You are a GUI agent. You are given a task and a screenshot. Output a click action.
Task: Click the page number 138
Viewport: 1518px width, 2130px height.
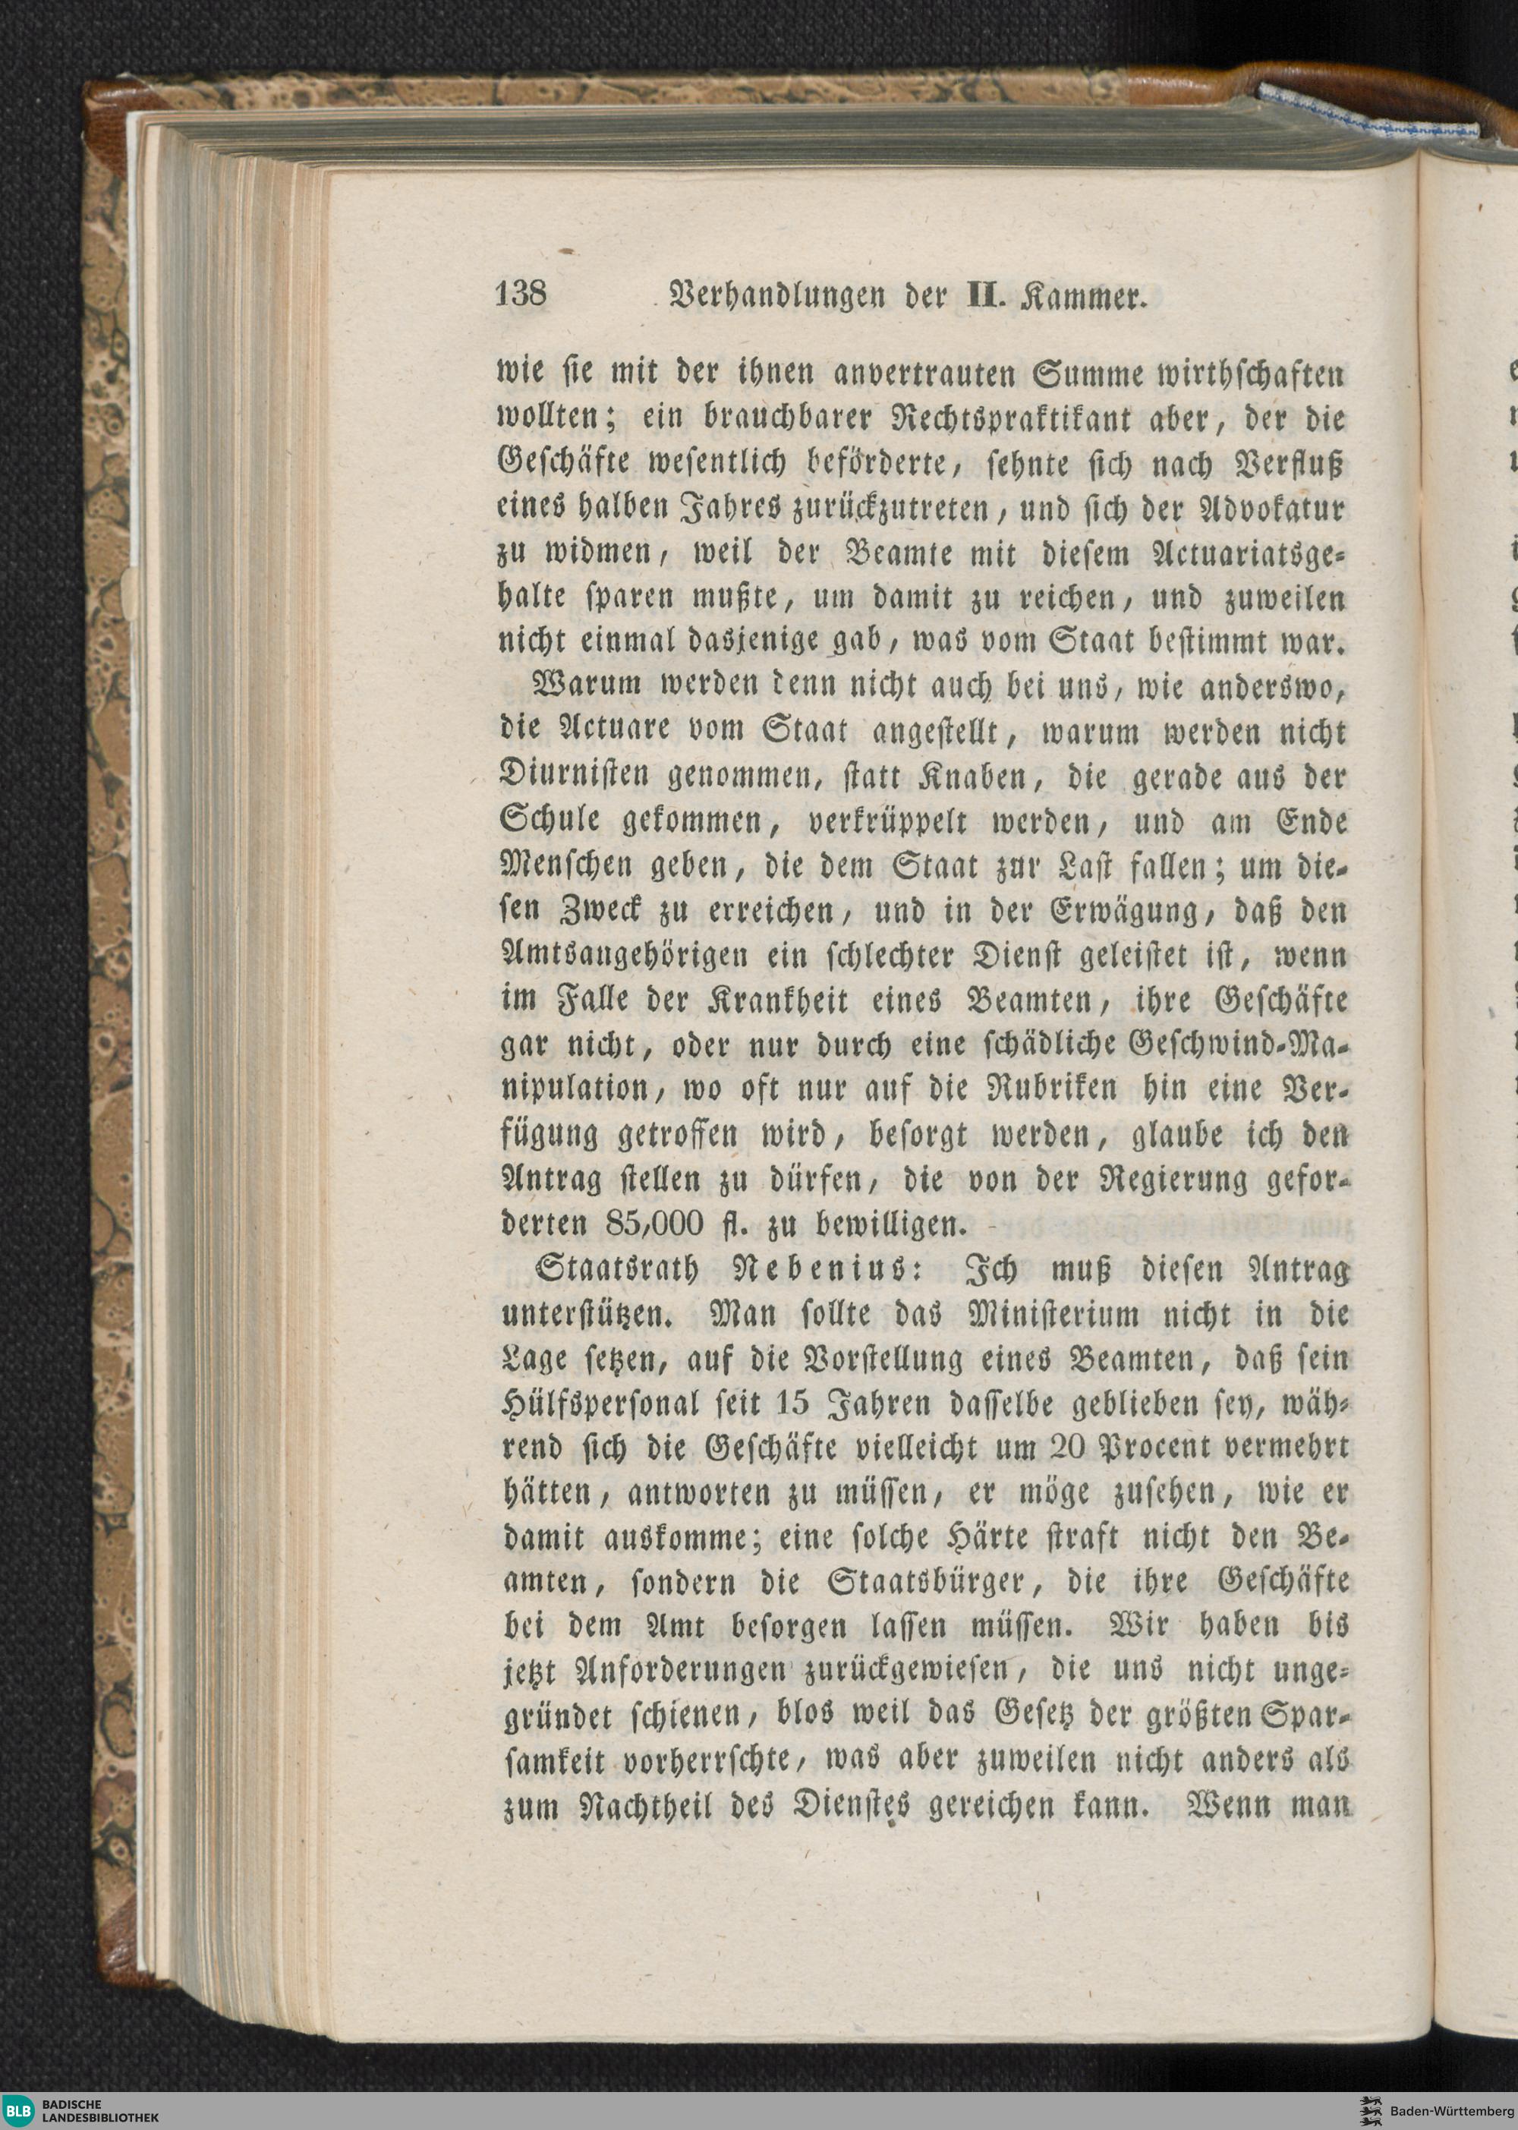(520, 295)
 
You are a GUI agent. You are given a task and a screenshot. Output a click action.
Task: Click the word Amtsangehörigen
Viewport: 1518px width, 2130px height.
(625, 956)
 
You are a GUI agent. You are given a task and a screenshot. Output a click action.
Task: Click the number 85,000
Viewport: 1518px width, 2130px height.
(651, 1224)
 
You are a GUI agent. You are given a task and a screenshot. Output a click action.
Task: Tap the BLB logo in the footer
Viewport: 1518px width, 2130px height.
(17, 2110)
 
